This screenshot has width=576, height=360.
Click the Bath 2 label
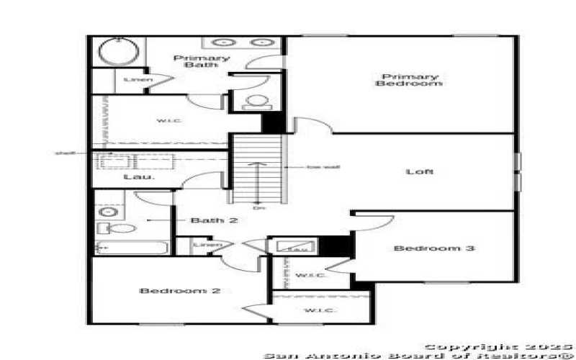pyautogui.click(x=214, y=220)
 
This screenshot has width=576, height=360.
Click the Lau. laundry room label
pyautogui.click(x=134, y=176)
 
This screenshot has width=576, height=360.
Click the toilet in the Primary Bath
pyautogui.click(x=255, y=101)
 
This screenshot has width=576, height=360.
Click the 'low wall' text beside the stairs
pyautogui.click(x=313, y=168)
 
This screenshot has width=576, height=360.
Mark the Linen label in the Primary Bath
pyautogui.click(x=135, y=79)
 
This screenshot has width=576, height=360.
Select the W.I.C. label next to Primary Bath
pyautogui.click(x=170, y=120)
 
